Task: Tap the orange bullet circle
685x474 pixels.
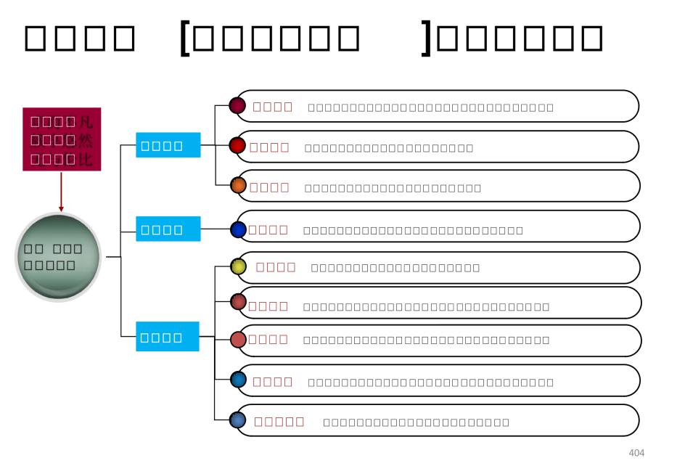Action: coord(237,185)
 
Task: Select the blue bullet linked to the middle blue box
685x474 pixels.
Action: coord(238,230)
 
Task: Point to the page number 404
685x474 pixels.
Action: coord(636,454)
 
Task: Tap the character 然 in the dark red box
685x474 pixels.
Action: coord(85,139)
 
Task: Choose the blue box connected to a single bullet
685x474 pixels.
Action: coord(167,231)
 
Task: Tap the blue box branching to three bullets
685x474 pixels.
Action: coord(167,145)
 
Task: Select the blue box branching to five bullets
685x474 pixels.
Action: coord(167,338)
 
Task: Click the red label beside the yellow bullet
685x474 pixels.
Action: coord(276,266)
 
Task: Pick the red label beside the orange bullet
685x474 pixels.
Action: coord(268,187)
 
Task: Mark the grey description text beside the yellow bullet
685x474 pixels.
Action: coord(395,268)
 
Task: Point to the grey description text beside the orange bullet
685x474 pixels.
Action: coord(393,189)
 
